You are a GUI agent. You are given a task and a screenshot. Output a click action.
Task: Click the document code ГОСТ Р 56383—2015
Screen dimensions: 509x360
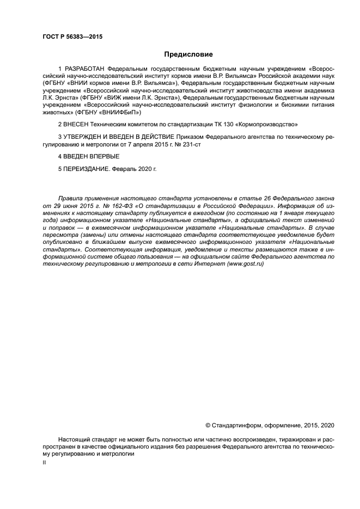coord(72,37)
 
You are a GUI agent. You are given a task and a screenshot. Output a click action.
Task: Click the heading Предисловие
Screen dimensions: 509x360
coord(188,54)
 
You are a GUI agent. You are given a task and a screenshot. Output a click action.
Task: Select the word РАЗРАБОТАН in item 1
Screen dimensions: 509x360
coord(84,69)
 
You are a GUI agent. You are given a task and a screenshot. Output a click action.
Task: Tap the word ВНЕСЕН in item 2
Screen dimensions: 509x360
coord(77,125)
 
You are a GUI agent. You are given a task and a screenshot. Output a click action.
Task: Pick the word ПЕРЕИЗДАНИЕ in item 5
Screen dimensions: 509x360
coord(86,169)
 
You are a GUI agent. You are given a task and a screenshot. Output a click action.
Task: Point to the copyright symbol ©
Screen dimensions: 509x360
coord(208,425)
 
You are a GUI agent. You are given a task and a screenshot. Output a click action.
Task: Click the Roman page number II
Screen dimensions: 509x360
coord(45,462)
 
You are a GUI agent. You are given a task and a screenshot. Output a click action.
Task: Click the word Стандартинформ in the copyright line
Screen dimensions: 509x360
coord(234,425)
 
